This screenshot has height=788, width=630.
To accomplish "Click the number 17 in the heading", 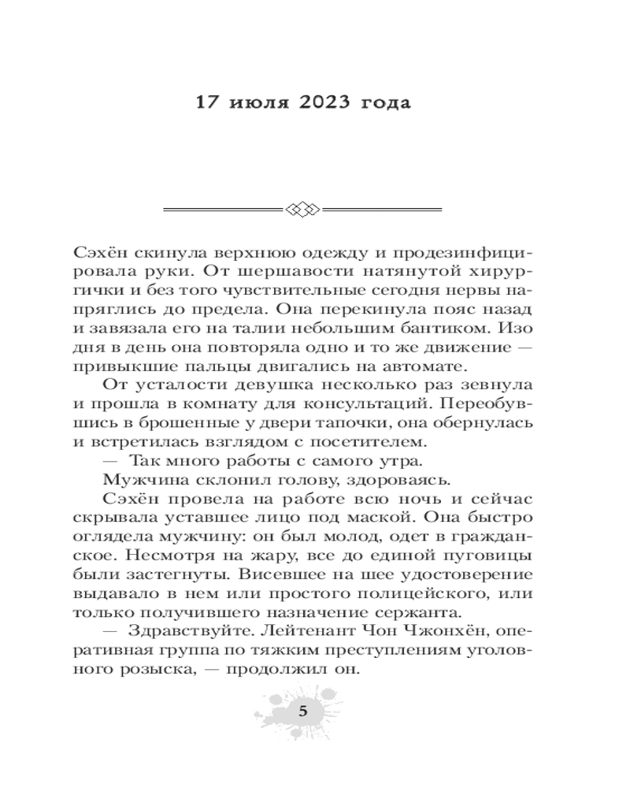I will click(x=207, y=103).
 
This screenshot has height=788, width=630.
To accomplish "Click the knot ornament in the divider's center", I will click(x=302, y=209).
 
